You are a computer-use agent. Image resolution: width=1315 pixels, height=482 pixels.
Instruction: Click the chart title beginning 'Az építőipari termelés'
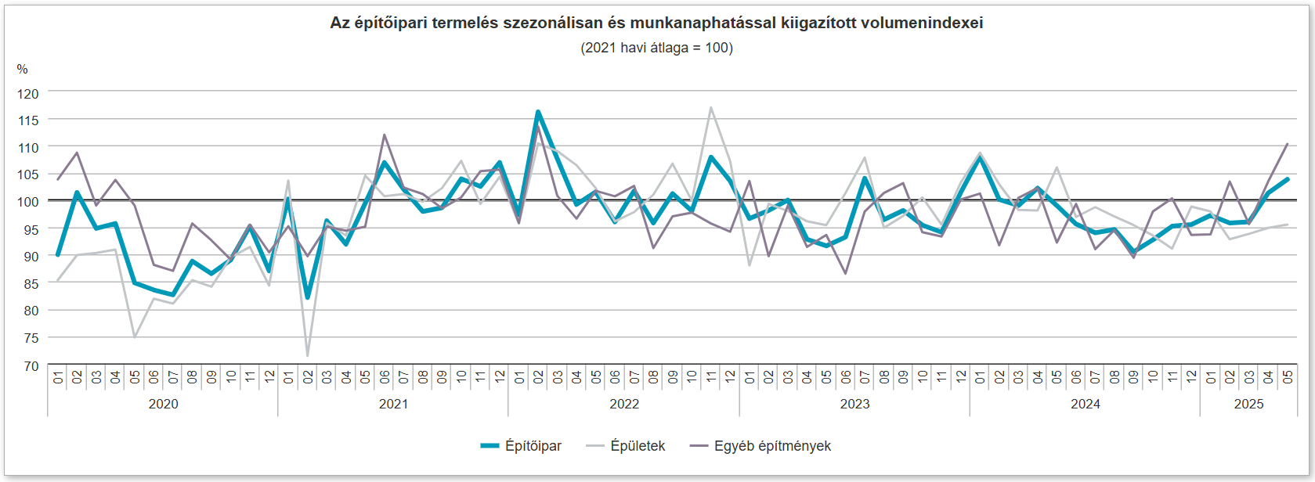point(656,23)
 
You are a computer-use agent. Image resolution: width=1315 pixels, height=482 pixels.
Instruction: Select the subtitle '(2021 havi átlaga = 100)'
point(656,48)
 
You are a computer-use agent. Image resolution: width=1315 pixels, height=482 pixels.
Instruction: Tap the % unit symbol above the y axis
point(22,70)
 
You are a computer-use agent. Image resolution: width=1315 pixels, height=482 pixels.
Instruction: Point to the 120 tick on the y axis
point(28,94)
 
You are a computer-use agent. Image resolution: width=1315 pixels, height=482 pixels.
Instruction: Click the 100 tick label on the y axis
point(28,202)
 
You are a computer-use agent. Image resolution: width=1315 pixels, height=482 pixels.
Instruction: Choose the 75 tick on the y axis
point(30,338)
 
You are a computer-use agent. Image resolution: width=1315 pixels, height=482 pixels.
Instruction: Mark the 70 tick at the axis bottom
point(30,365)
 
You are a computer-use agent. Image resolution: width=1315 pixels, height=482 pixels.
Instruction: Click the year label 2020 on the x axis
point(163,404)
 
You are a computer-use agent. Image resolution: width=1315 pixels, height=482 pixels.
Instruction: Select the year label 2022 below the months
point(624,404)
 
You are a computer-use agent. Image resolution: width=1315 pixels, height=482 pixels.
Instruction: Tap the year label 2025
point(1248,404)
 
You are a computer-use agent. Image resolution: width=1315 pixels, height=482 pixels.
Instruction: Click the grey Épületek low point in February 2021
point(308,356)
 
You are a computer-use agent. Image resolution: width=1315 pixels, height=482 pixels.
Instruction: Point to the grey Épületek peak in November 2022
point(711,107)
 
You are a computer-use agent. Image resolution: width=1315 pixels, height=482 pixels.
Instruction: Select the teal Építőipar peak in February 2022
point(538,112)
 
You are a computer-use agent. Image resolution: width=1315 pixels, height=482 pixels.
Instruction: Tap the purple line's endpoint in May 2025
point(1288,144)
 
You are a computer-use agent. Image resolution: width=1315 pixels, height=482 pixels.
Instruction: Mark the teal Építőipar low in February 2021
point(308,297)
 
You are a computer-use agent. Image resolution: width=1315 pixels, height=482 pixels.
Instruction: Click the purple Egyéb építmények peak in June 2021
point(385,135)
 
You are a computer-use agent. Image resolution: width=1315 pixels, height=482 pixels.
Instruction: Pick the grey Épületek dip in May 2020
point(135,337)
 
